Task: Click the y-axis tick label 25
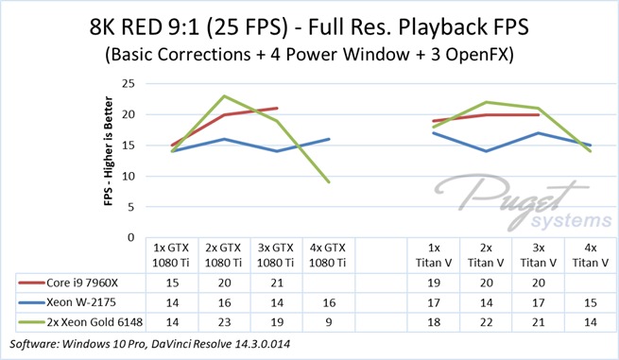pos(129,84)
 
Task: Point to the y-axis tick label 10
pos(129,177)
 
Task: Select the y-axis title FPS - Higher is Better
pos(109,151)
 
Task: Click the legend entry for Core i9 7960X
pos(68,283)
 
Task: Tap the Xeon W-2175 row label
pos(81,302)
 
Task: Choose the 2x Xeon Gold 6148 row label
pos(95,322)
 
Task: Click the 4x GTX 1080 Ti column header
pos(328,255)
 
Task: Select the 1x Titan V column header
pos(434,255)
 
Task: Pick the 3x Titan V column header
pos(539,255)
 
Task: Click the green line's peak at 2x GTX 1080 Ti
pos(224,96)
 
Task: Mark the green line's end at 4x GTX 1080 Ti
pos(329,181)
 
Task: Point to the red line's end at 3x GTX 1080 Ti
pos(277,108)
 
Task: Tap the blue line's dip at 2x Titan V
pos(486,151)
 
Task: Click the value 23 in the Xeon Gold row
pos(224,322)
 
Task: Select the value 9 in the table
pos(329,322)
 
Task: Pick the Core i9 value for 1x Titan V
pos(434,283)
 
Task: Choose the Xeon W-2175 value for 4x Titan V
pos(591,302)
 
